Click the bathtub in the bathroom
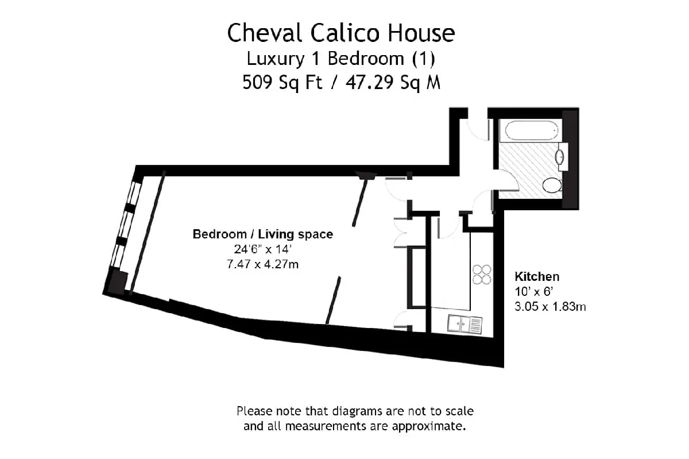[531, 130]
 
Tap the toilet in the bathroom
[552, 185]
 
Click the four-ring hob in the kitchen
[482, 274]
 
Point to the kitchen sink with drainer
[465, 324]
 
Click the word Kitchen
[537, 276]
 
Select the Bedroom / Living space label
[263, 234]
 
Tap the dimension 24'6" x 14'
[263, 249]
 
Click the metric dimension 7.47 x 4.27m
[263, 264]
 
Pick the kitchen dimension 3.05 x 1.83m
[550, 307]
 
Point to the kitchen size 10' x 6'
[534, 291]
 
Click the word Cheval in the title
[264, 33]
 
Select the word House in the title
[421, 33]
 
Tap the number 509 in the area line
[257, 82]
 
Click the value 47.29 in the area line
[369, 82]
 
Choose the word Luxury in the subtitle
[276, 59]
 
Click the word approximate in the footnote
[429, 426]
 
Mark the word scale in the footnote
[459, 411]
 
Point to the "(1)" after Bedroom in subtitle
[424, 59]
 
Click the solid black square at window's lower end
[118, 281]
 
